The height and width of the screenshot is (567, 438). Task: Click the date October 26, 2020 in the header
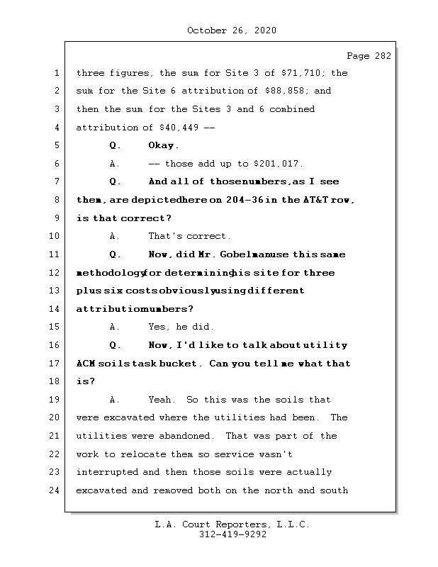coord(231,30)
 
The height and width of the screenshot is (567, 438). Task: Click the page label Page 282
coord(368,57)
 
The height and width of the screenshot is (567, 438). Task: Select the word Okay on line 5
coord(163,146)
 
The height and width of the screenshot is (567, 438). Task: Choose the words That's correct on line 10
coord(189,237)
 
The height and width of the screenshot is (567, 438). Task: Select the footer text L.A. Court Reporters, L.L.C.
coord(232,525)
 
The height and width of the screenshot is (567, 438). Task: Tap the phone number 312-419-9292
coord(232,535)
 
